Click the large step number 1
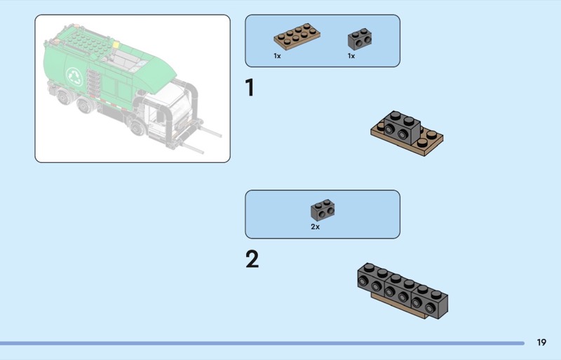[x=250, y=88]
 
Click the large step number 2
[x=252, y=259]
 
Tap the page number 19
[x=541, y=342]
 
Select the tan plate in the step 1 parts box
[x=297, y=36]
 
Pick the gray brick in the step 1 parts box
[x=360, y=39]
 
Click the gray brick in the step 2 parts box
[x=323, y=211]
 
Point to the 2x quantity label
[x=315, y=227]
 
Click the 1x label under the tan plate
[x=277, y=56]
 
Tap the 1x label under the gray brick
[x=351, y=56]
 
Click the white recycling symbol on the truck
[x=75, y=77]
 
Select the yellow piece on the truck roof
[x=116, y=45]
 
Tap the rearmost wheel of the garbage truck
[x=64, y=96]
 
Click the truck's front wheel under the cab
[x=137, y=127]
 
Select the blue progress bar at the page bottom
[x=262, y=343]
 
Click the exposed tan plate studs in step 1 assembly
[x=427, y=138]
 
